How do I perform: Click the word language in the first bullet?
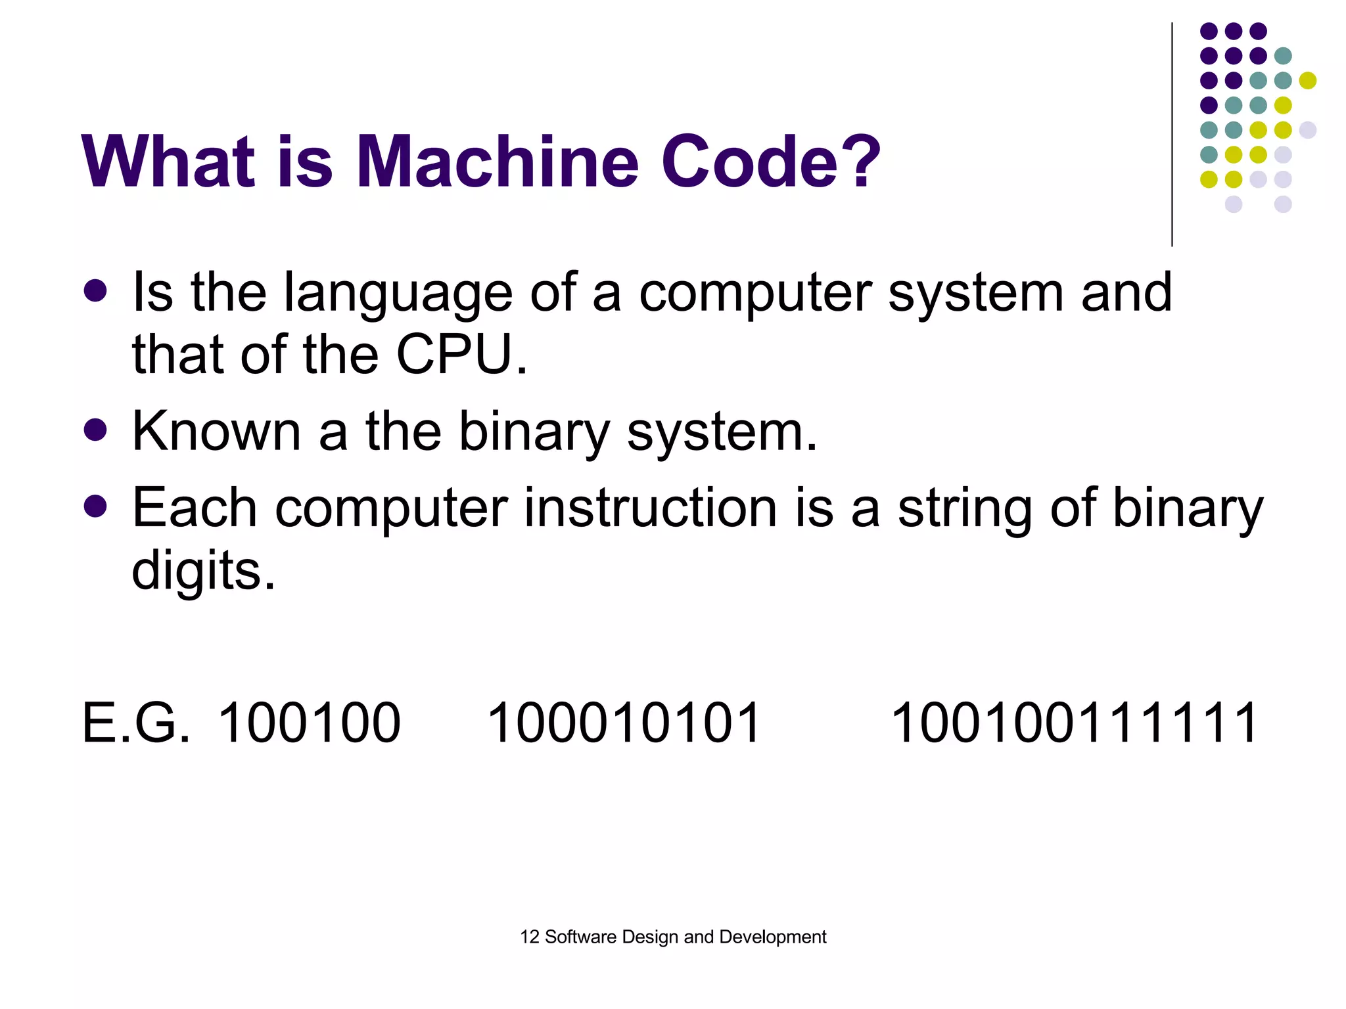[398, 293]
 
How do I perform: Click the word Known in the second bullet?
[216, 432]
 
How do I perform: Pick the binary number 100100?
[309, 723]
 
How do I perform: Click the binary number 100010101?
[624, 723]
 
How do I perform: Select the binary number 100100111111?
[1075, 723]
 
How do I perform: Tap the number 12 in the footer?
[529, 937]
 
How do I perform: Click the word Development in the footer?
[773, 937]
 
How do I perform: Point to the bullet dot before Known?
[96, 430]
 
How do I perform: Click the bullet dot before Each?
[96, 506]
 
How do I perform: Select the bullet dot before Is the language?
[96, 291]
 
